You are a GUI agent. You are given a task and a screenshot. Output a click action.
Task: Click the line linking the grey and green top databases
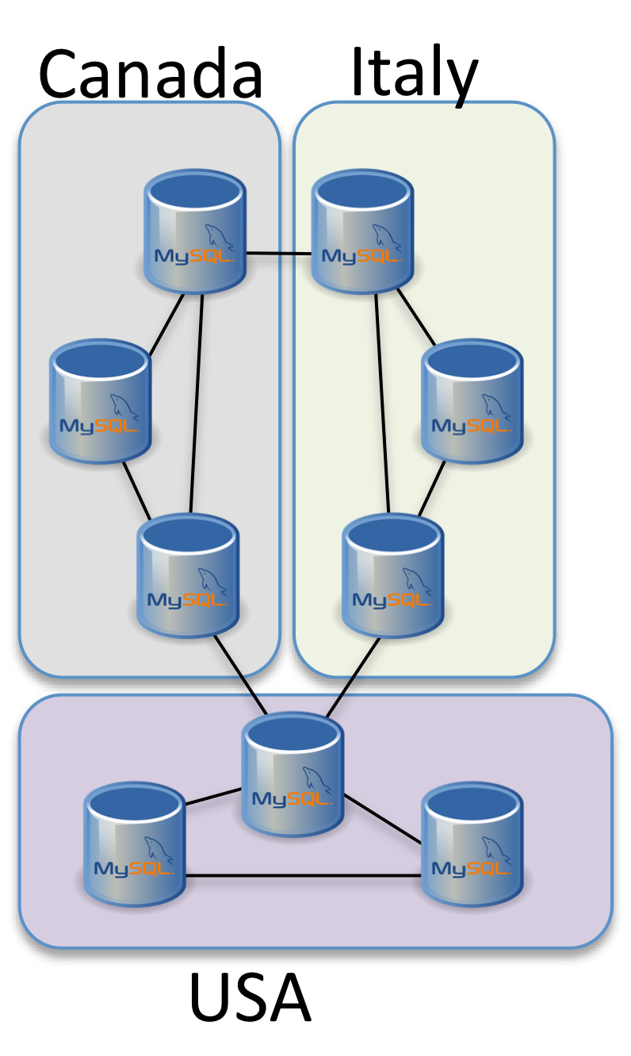point(278,254)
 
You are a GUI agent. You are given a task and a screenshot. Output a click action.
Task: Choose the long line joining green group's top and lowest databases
point(382,404)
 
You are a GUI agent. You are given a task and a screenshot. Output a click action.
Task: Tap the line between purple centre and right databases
point(382,818)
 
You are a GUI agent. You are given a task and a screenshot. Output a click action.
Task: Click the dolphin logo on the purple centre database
point(317,780)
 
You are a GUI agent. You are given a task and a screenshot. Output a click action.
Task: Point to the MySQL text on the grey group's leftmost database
point(98,427)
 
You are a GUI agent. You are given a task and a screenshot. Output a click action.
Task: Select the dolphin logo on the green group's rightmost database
point(496,407)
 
